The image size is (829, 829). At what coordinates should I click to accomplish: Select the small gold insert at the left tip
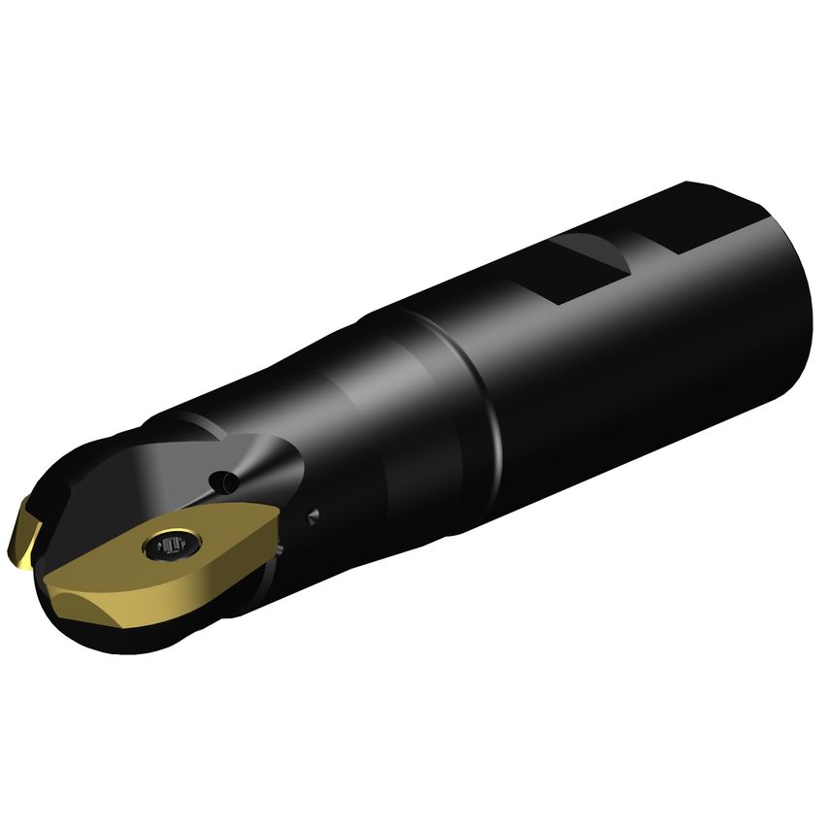pos(25,532)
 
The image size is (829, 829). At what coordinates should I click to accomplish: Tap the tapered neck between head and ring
pos(388,427)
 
